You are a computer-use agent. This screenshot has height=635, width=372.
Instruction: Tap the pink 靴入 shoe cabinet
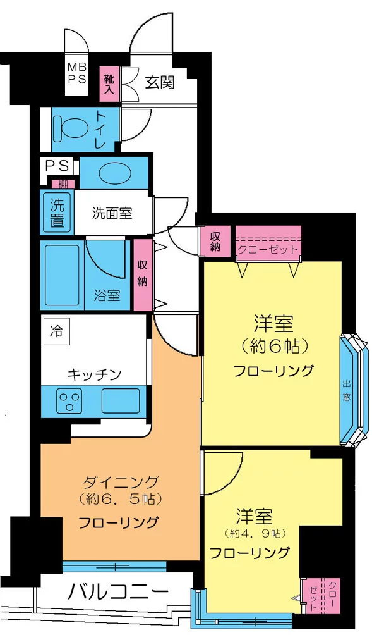[x=109, y=83]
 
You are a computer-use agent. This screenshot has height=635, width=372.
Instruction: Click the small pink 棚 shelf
[x=64, y=184]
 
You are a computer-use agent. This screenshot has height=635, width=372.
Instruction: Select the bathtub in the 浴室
[x=63, y=274]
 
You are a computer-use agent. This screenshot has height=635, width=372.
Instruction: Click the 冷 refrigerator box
[x=56, y=331]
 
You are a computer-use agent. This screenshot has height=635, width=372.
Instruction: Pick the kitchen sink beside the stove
[x=121, y=400]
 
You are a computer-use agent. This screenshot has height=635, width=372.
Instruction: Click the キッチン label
[x=94, y=374]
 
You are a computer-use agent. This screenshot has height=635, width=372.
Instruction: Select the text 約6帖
[x=273, y=346]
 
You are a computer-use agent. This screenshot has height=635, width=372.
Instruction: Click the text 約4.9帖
[x=255, y=533]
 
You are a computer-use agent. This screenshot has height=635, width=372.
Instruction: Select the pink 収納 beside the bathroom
[x=142, y=274]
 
